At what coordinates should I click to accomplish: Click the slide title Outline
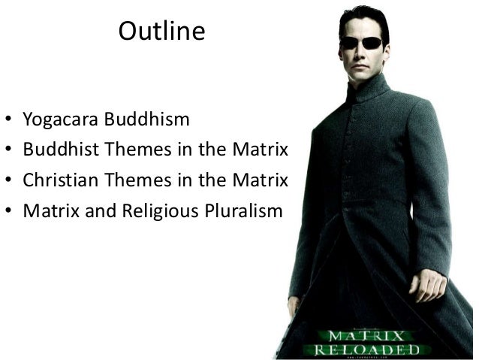[161, 32]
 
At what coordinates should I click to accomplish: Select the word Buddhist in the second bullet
[56, 150]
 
